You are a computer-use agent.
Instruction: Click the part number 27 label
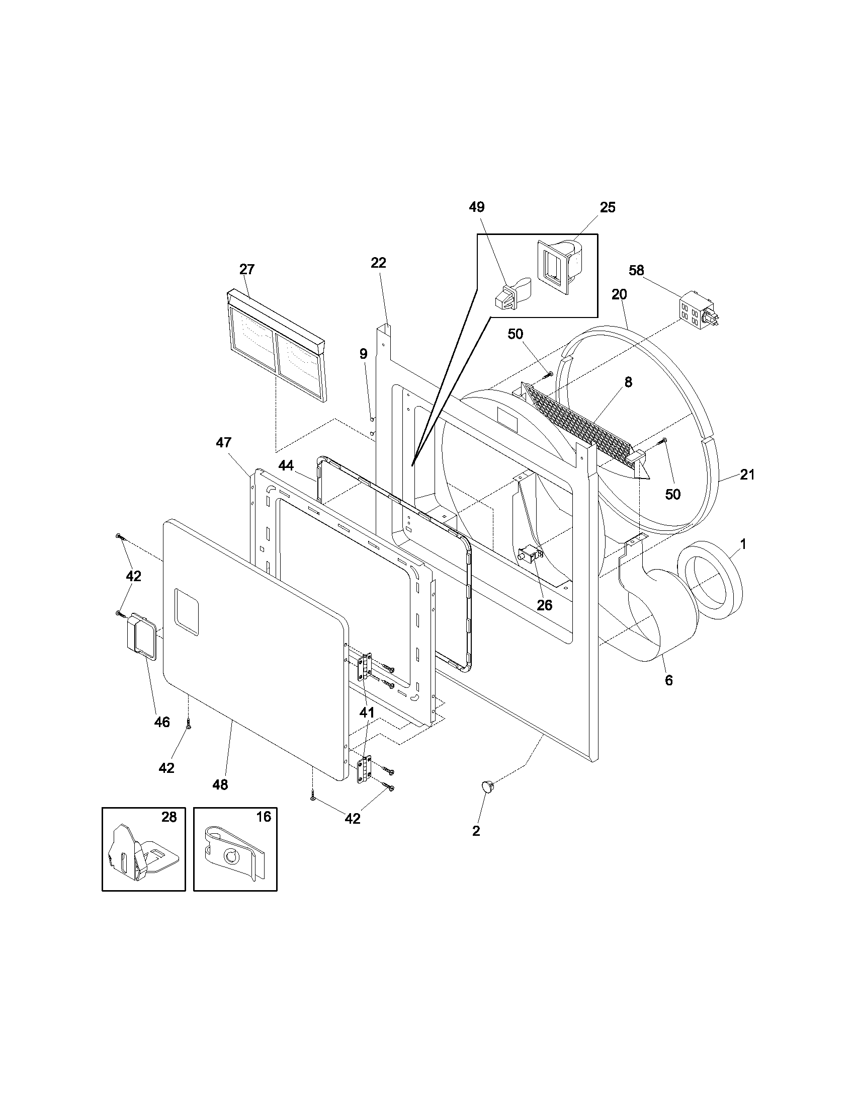pos(246,270)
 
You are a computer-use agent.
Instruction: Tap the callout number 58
pos(636,271)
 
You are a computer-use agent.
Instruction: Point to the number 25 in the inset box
pos(608,207)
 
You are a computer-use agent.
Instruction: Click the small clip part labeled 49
pos(511,294)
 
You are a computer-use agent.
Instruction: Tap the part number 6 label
pos(668,681)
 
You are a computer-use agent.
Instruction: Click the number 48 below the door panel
pos(220,784)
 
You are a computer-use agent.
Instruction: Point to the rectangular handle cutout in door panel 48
pos(186,612)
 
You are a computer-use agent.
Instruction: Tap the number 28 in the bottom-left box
pos(169,817)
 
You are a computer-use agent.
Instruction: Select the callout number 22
pos(378,263)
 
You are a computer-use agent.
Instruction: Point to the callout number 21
pos(747,475)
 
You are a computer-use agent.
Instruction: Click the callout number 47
pos(223,442)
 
